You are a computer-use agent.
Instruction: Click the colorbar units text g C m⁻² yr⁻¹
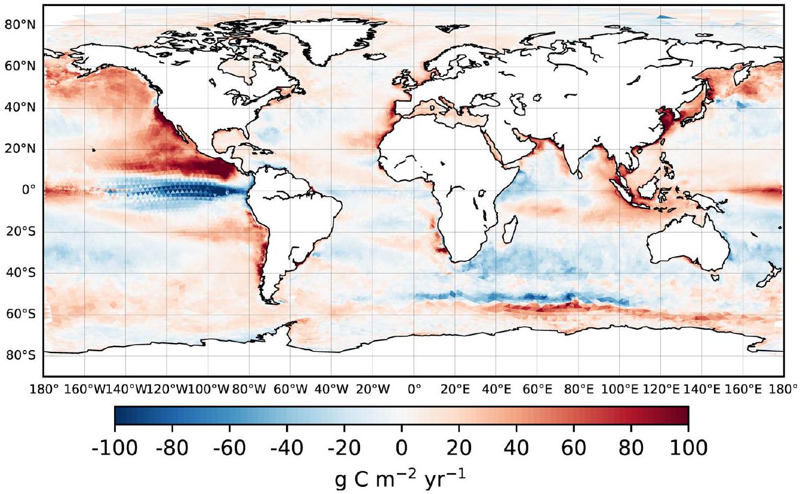(x=401, y=478)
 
